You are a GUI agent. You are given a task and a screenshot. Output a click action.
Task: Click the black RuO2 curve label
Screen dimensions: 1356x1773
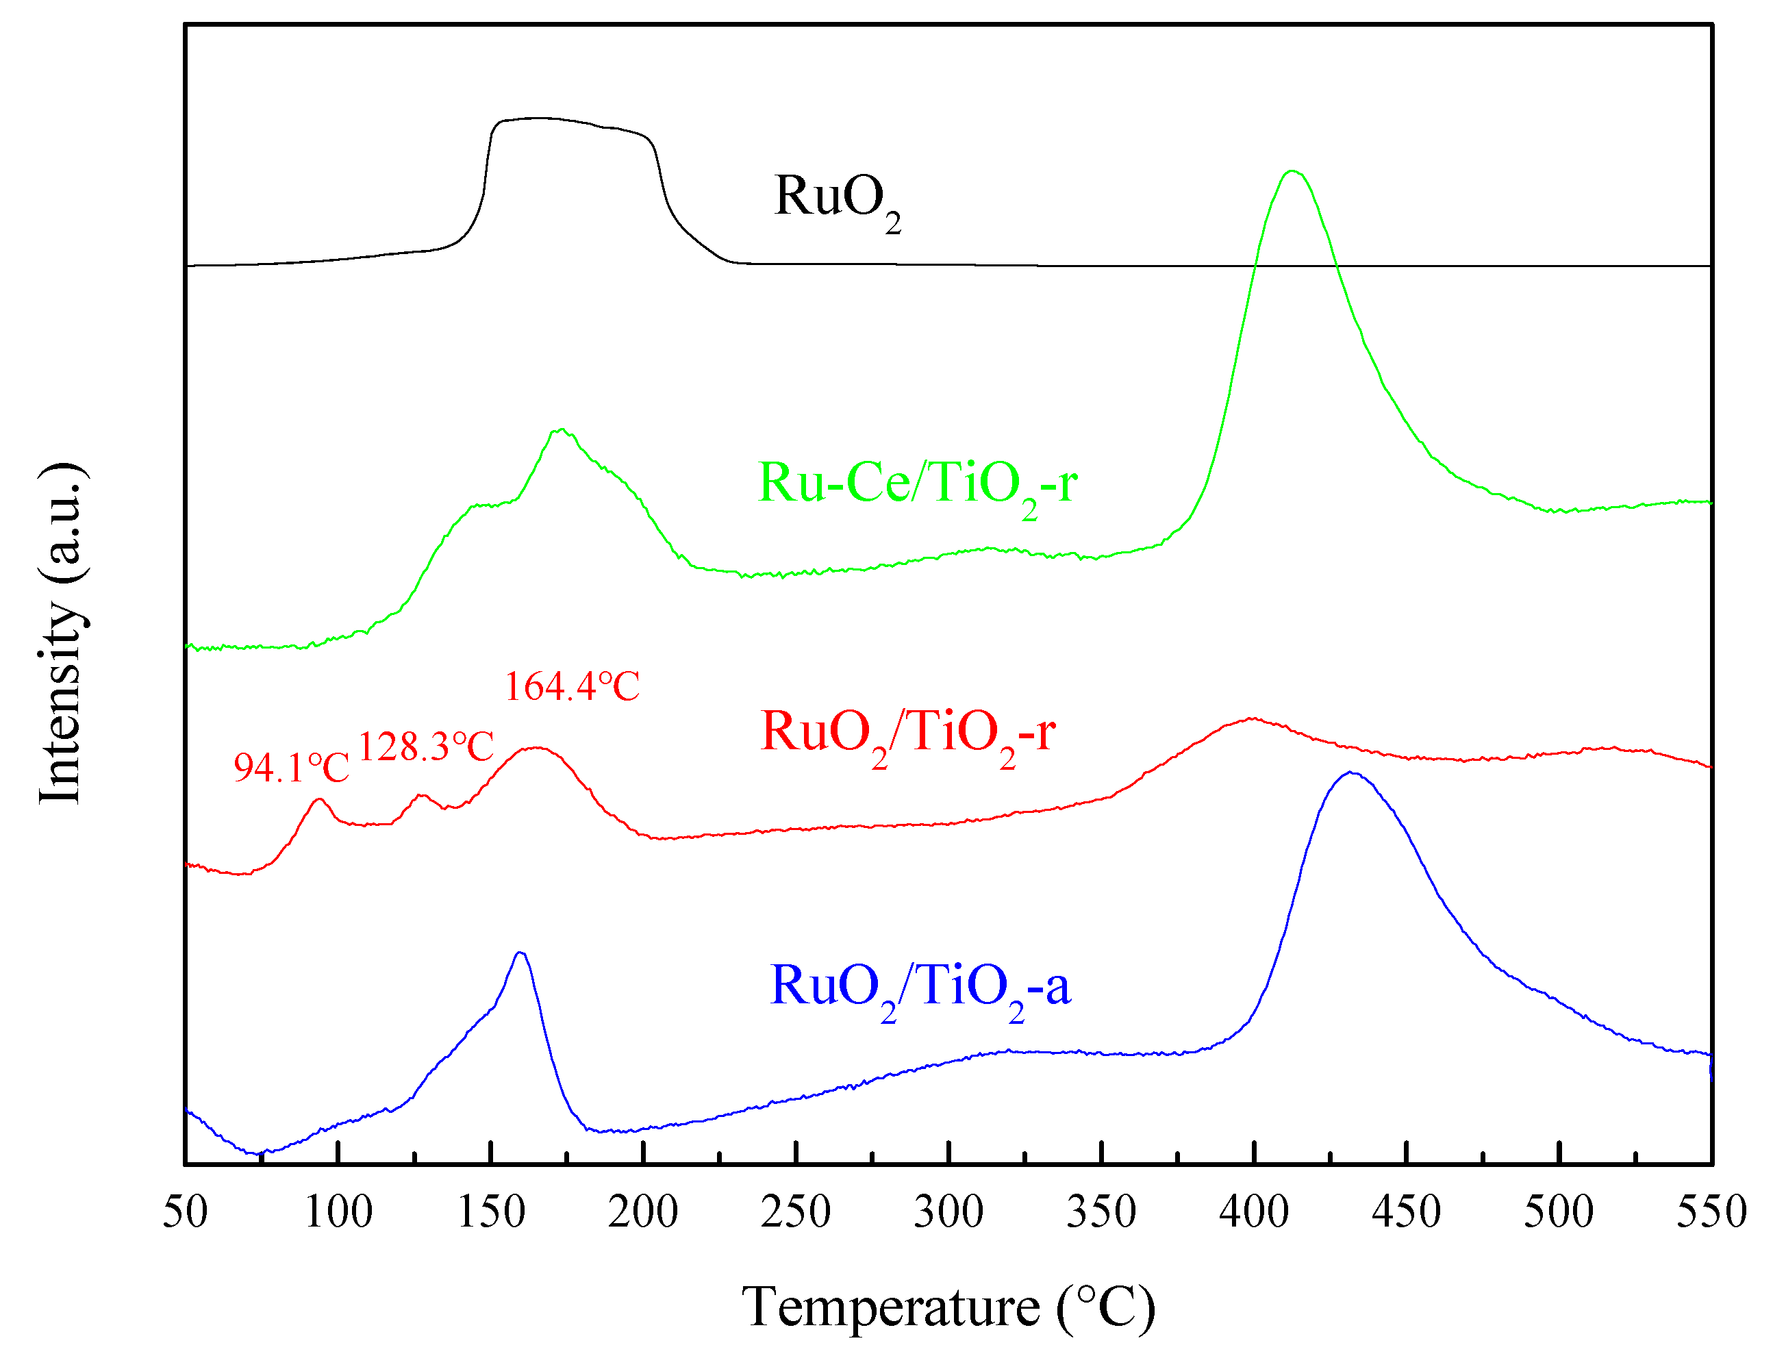coord(836,199)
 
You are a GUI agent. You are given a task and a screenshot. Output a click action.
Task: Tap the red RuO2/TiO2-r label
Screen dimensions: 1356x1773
coord(907,733)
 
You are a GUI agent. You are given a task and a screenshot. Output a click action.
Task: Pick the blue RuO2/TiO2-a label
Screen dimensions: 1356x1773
coord(919,988)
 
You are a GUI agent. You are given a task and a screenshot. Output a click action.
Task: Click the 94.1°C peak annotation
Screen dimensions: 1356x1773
coord(291,768)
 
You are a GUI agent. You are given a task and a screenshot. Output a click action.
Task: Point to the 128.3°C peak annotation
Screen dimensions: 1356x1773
coord(425,746)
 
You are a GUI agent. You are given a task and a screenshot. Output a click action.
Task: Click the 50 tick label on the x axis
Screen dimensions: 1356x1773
coord(185,1212)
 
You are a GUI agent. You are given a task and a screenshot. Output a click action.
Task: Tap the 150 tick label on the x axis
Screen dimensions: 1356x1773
coord(490,1212)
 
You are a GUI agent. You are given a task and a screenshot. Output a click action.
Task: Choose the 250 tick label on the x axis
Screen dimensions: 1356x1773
coord(796,1212)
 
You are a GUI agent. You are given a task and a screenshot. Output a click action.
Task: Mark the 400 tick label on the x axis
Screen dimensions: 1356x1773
coord(1253,1212)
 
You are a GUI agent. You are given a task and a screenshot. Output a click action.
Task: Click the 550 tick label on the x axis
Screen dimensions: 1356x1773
coord(1711,1212)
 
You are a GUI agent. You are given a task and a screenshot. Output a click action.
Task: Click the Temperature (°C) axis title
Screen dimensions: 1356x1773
coord(948,1307)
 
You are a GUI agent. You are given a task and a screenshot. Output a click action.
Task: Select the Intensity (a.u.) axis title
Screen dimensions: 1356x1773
coord(62,633)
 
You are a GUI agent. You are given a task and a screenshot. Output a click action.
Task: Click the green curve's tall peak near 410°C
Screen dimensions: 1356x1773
coord(1292,171)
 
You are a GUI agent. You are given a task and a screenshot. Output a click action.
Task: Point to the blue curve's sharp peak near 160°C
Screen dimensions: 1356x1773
coord(520,953)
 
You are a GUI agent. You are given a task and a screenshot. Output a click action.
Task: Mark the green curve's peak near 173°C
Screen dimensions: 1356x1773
coord(561,429)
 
